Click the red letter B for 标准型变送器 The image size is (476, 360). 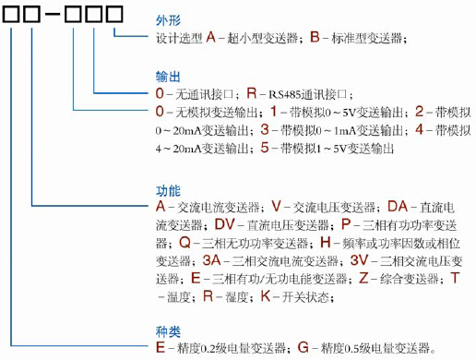click(315, 38)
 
